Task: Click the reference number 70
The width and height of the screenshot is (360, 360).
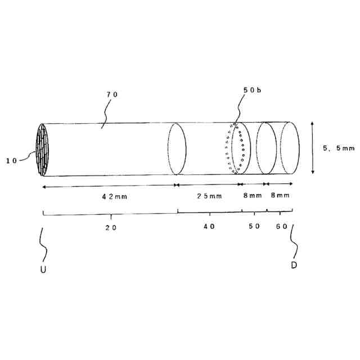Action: coord(112,94)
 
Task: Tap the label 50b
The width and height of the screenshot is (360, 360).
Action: coord(251,90)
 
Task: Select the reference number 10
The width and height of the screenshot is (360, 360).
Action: coord(12,160)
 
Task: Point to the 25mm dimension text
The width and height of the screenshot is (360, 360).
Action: coord(209,196)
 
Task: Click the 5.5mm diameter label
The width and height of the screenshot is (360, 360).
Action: coord(338,148)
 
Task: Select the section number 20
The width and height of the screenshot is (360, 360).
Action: coord(111,227)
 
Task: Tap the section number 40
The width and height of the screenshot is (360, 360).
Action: coord(209,226)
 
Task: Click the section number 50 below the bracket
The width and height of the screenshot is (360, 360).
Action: coord(254,226)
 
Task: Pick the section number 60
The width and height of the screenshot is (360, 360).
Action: coord(282,226)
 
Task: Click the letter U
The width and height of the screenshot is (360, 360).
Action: coord(43,269)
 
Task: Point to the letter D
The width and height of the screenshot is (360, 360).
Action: coord(294,264)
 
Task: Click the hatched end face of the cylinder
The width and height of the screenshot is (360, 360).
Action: coord(43,150)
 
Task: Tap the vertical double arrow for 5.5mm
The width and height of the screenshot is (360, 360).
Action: coord(312,148)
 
